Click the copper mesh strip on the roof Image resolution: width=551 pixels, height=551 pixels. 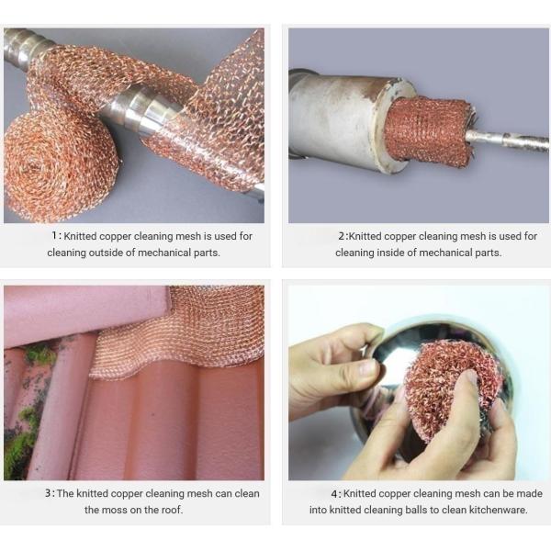(x=184, y=331)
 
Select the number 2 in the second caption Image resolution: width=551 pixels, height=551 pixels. (x=341, y=236)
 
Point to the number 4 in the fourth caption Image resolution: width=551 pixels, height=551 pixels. (x=335, y=493)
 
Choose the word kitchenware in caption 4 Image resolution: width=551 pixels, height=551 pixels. (x=499, y=510)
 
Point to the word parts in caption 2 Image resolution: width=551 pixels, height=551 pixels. (x=487, y=253)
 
